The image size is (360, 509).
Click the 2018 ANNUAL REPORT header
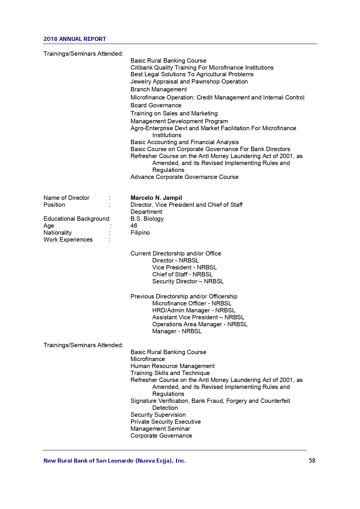(75, 39)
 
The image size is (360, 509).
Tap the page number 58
(312, 460)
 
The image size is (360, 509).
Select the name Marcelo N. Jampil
(156, 198)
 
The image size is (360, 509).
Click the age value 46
(134, 226)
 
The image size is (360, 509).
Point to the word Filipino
(140, 233)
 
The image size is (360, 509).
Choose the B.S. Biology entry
(147, 219)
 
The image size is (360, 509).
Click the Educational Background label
(77, 219)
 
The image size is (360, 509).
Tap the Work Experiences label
(68, 240)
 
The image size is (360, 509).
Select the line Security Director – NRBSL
(188, 281)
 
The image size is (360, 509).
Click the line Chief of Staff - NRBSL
(182, 274)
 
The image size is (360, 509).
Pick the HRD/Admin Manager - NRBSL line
(193, 310)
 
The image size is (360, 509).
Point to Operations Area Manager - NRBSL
(200, 324)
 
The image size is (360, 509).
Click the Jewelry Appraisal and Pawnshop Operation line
(189, 81)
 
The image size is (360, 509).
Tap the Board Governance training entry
(156, 105)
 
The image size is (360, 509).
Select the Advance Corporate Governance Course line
(184, 177)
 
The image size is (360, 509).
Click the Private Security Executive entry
(165, 422)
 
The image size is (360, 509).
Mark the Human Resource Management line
(172, 366)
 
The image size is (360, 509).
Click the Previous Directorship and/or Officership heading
(184, 296)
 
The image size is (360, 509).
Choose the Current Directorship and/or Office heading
(176, 253)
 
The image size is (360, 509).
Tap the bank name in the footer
(114, 461)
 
